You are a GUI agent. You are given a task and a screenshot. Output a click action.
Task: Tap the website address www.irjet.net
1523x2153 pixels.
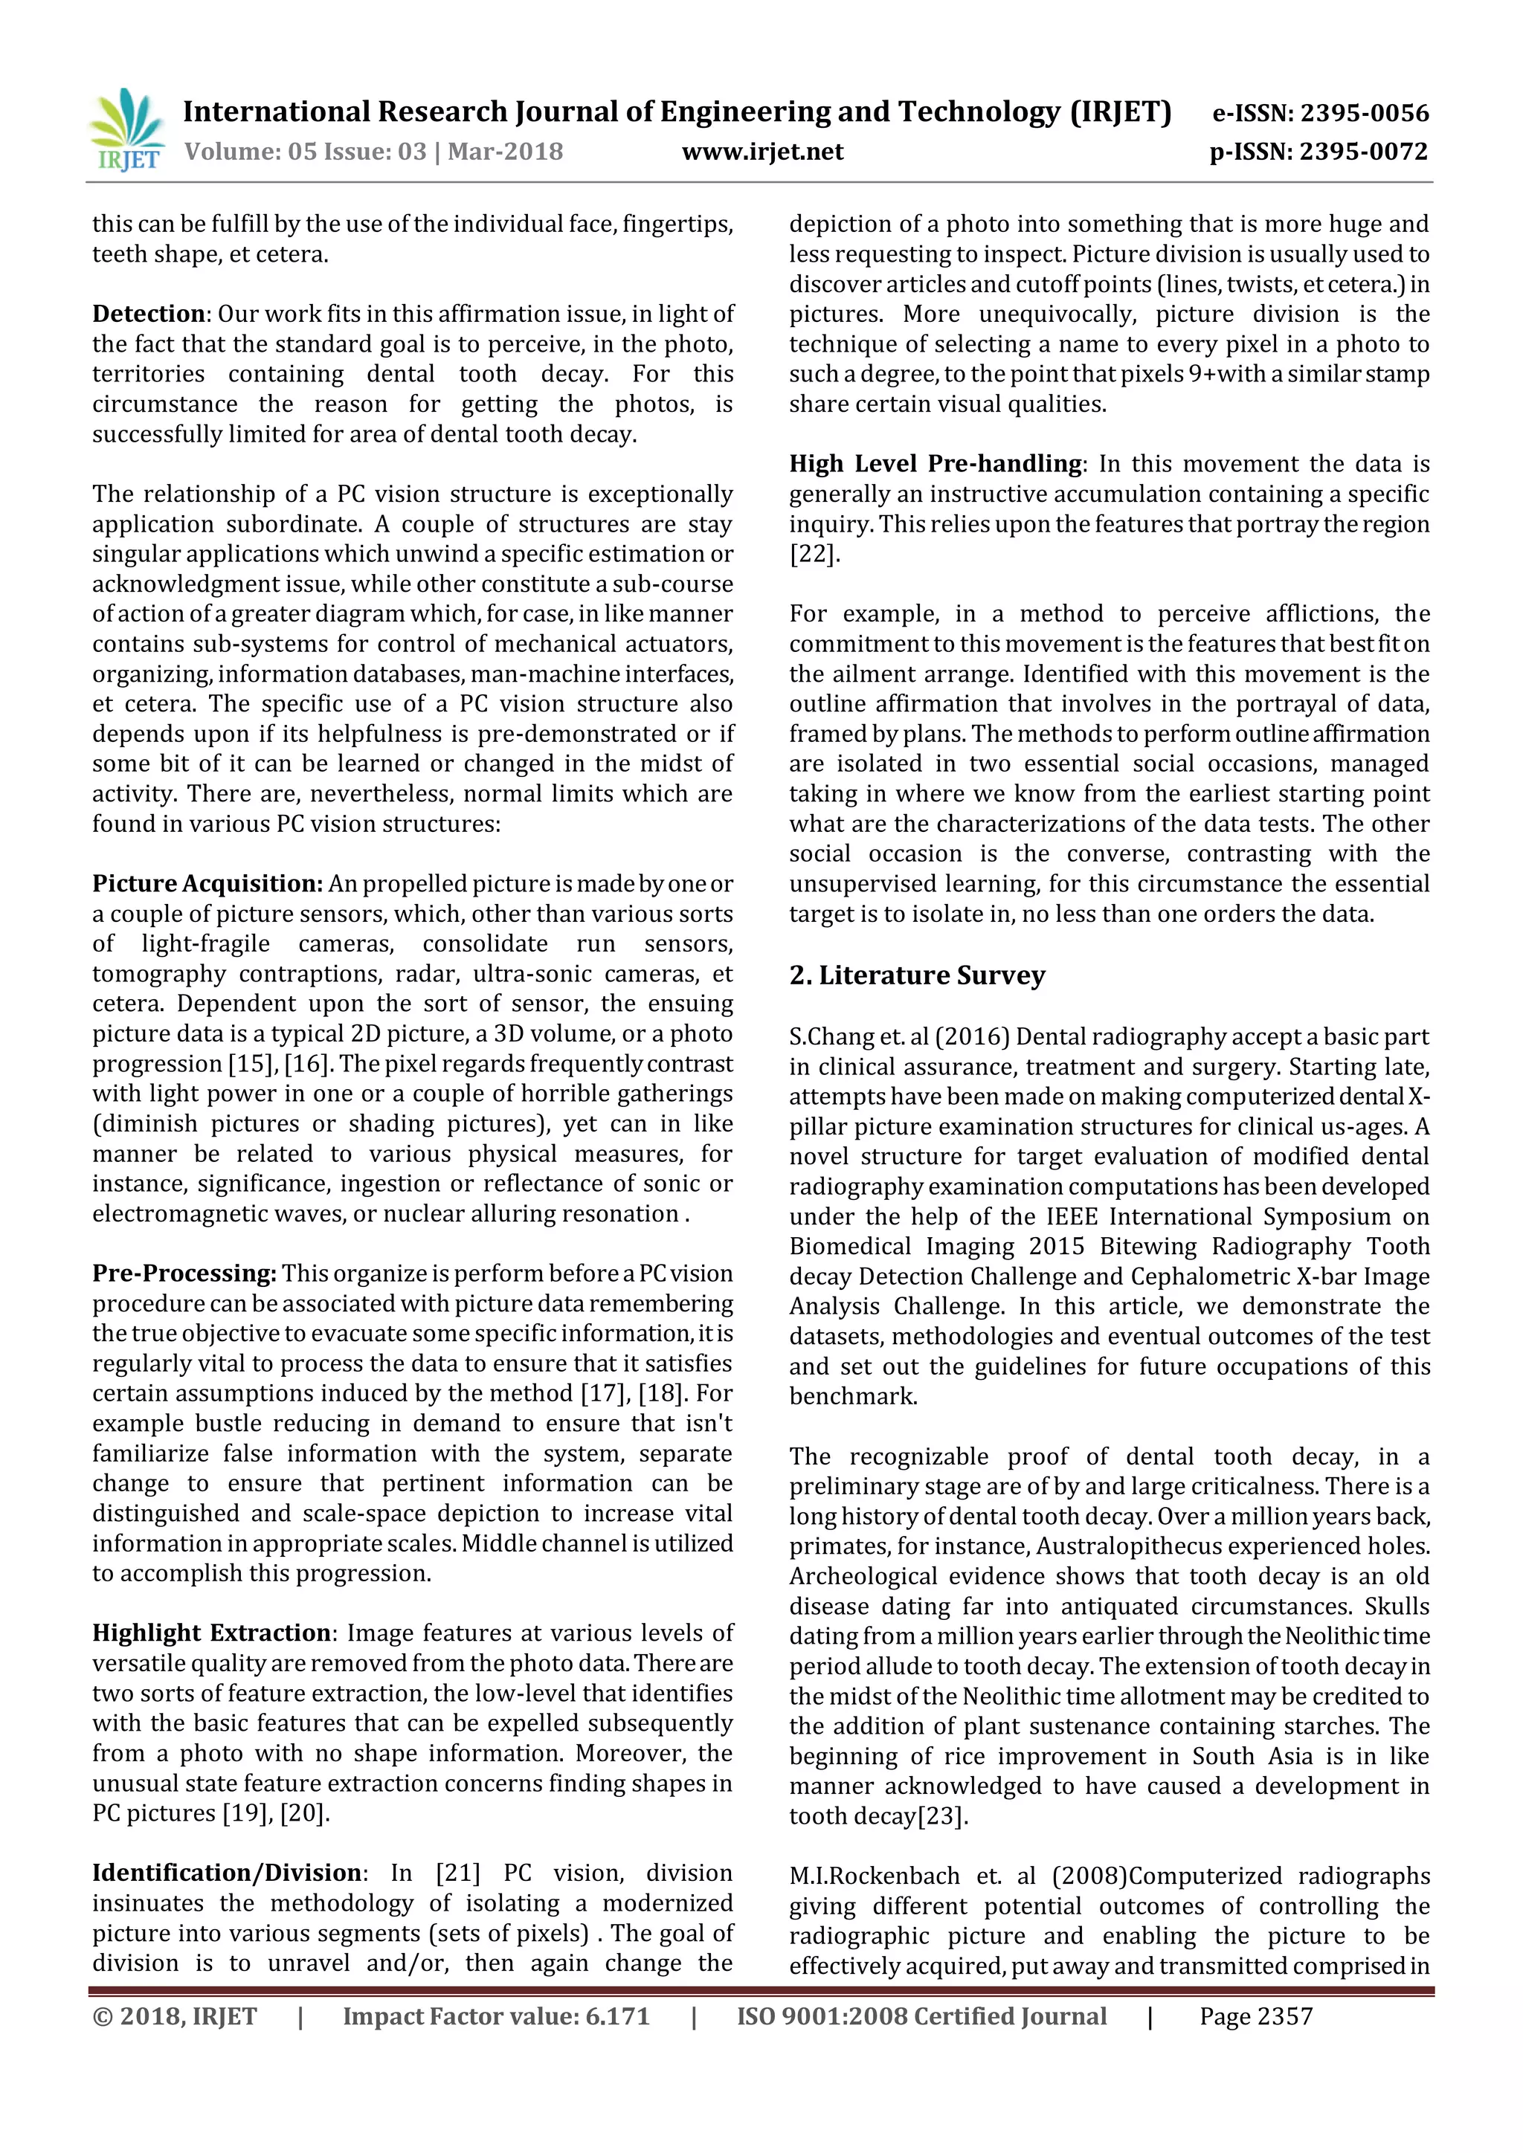coord(762,152)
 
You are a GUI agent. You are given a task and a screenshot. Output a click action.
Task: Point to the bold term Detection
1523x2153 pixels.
coord(148,314)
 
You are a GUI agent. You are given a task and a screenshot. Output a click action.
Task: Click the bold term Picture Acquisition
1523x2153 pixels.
coord(206,884)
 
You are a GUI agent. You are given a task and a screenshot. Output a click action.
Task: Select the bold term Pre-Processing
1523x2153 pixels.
coord(184,1274)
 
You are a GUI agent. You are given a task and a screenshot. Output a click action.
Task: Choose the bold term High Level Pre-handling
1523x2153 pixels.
coord(935,464)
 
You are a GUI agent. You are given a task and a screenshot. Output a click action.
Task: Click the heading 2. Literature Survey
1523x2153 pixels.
coord(916,975)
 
